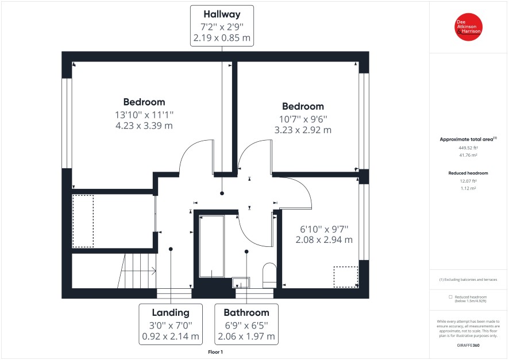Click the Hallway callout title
(222, 14)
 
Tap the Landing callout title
(171, 313)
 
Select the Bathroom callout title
(246, 313)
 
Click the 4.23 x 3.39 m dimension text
(144, 126)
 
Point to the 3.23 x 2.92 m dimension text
(303, 130)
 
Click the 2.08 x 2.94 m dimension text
(324, 239)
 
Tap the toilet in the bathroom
(269, 275)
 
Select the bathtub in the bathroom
(211, 246)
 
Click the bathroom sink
(241, 282)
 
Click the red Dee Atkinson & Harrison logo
(468, 27)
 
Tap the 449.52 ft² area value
(468, 148)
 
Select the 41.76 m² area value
(468, 156)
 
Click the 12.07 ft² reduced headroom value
(468, 181)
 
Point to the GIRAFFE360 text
(468, 346)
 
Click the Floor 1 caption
(215, 352)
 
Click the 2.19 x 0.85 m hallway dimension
(222, 38)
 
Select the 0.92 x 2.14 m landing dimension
(171, 336)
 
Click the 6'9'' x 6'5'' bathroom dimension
(246, 326)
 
